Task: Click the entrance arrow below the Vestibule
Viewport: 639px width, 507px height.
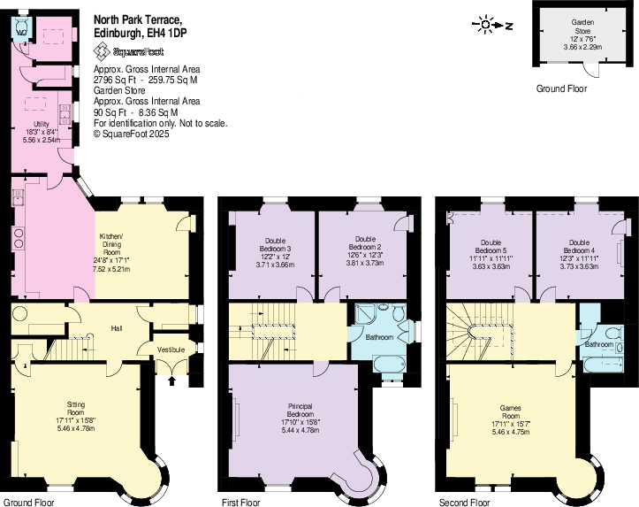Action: click(x=171, y=380)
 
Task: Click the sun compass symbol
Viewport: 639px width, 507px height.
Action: click(x=484, y=25)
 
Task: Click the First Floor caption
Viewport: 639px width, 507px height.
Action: click(x=240, y=502)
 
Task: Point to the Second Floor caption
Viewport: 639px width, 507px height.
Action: click(x=462, y=502)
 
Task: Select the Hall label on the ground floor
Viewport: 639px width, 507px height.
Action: click(x=116, y=328)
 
